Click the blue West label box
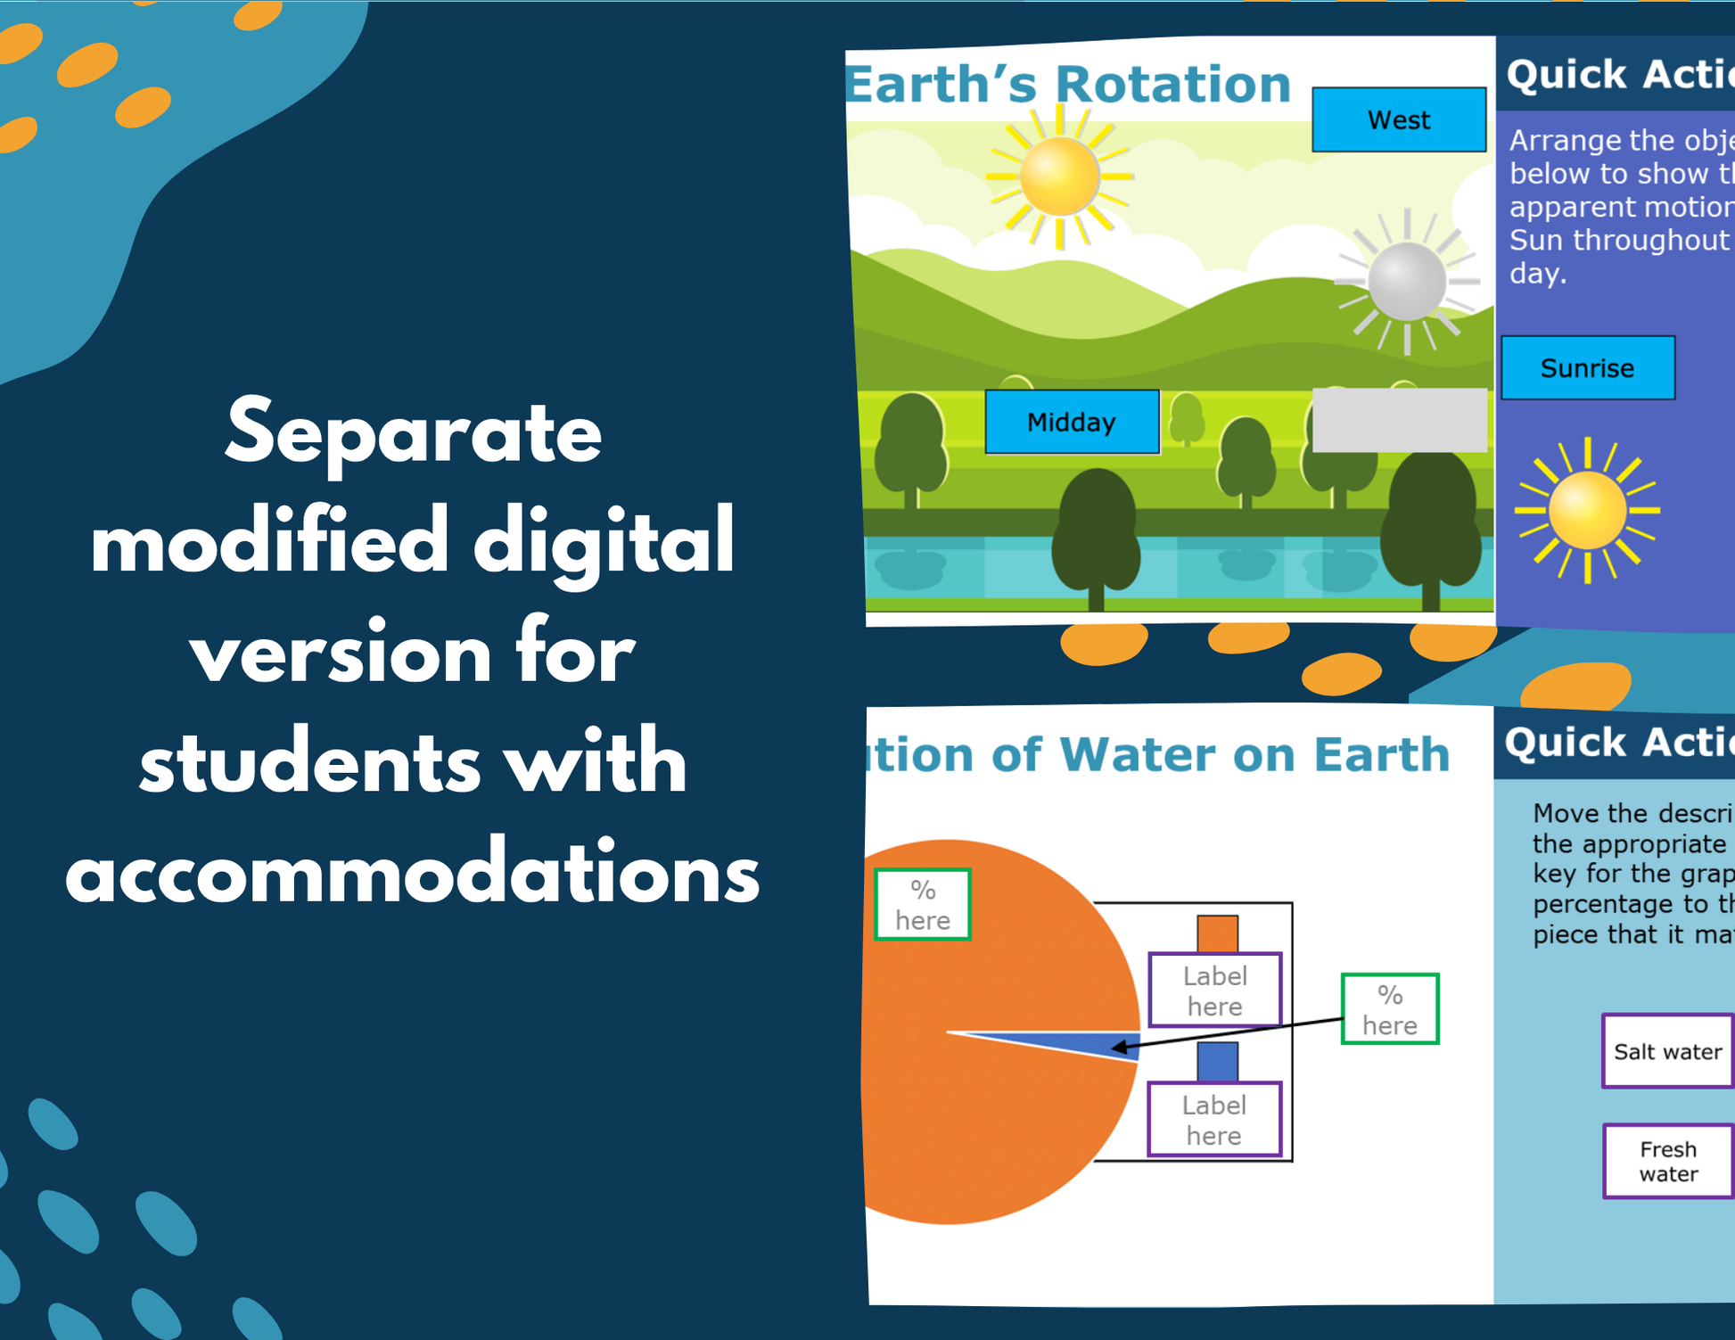1398,119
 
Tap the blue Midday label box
1072,422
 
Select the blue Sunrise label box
1587,367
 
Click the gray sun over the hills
1406,281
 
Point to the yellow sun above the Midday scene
1059,176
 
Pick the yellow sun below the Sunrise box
1587,511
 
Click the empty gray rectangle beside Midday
1399,420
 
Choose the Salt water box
1667,1051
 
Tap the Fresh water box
1667,1161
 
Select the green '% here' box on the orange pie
923,904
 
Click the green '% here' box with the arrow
1389,1009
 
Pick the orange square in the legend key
1217,933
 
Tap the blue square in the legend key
1217,1061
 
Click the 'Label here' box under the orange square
1214,991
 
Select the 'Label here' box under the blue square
1213,1120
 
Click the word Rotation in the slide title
1172,85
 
